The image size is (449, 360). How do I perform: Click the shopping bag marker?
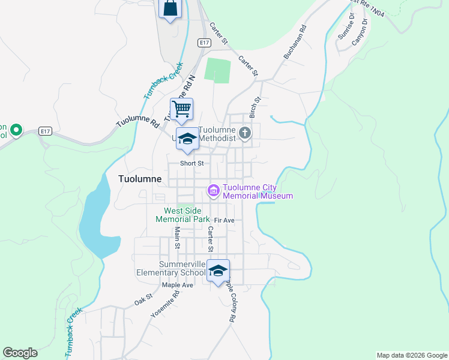pos(170,8)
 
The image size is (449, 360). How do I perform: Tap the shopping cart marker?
pos(181,109)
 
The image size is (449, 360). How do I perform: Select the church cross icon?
pos(244,133)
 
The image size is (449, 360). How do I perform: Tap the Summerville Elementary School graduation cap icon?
pos(218,270)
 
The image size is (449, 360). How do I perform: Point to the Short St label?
pos(193,163)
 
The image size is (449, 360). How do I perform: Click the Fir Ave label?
pos(224,221)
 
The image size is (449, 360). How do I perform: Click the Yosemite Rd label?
pos(175,304)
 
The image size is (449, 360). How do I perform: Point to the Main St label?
pos(177,237)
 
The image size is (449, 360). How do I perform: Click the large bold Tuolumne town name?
pos(140,179)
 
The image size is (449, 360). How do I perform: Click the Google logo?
pos(20,353)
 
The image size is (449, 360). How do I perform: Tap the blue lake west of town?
pos(94,221)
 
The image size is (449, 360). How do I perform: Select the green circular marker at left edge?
pos(17,129)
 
